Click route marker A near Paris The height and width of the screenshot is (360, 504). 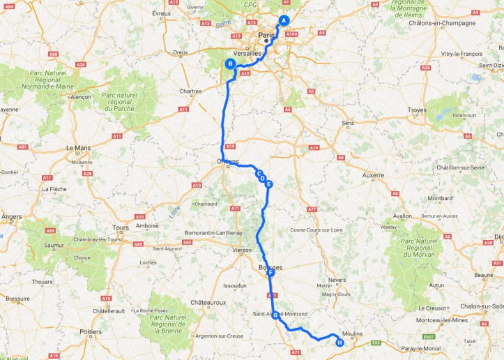click(284, 20)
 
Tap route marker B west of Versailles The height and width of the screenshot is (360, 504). click(229, 64)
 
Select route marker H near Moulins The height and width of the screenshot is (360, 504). click(339, 342)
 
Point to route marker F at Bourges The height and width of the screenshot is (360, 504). click(270, 273)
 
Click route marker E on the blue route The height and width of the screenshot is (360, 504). click(268, 184)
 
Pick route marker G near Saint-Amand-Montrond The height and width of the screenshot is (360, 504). click(275, 315)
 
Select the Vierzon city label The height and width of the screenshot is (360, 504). click(242, 249)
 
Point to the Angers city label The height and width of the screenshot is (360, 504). click(10, 217)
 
